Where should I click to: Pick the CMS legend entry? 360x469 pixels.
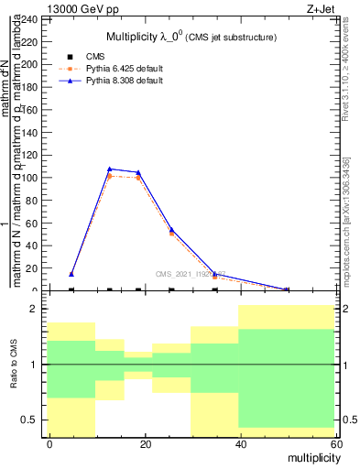pos(108,57)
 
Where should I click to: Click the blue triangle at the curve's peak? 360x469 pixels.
pos(110,169)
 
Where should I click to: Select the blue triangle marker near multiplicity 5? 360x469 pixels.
pos(71,274)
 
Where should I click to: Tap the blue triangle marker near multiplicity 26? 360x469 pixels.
pos(171,229)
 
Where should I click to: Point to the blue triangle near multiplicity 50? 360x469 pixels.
pos(286,289)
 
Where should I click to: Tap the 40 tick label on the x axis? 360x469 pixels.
pos(239,444)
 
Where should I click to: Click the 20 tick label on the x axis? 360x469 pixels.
pos(145,444)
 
